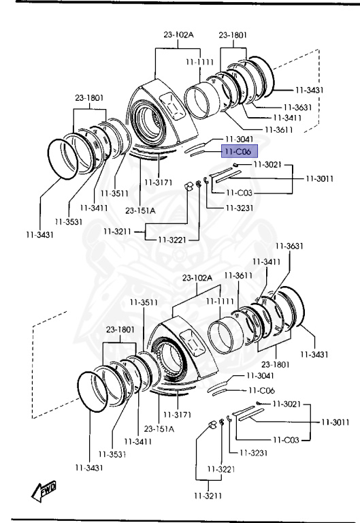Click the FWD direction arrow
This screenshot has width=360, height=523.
[44, 491]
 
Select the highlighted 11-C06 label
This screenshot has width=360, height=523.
[240, 152]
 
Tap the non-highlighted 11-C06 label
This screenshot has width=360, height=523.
[262, 390]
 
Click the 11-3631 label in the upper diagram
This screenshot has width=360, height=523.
[297, 107]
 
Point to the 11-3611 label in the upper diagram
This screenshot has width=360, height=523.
[278, 129]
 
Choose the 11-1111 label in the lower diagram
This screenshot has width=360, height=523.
[220, 301]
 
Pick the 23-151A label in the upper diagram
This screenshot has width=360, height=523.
[140, 210]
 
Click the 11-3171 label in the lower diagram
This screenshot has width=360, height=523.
[178, 414]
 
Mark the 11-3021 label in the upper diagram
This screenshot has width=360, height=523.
[267, 164]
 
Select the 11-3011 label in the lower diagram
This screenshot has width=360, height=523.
[336, 422]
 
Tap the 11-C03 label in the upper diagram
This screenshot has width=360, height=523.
[239, 193]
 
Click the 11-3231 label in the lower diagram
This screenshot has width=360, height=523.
[253, 453]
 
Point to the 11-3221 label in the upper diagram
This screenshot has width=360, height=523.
[172, 240]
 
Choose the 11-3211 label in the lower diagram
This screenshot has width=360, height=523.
[208, 496]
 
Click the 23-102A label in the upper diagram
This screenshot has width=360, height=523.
[178, 34]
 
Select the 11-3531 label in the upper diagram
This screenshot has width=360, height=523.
[69, 221]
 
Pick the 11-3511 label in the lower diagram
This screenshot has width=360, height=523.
[144, 302]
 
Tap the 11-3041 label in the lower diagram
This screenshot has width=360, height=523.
[260, 376]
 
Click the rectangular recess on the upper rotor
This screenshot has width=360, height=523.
[173, 106]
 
